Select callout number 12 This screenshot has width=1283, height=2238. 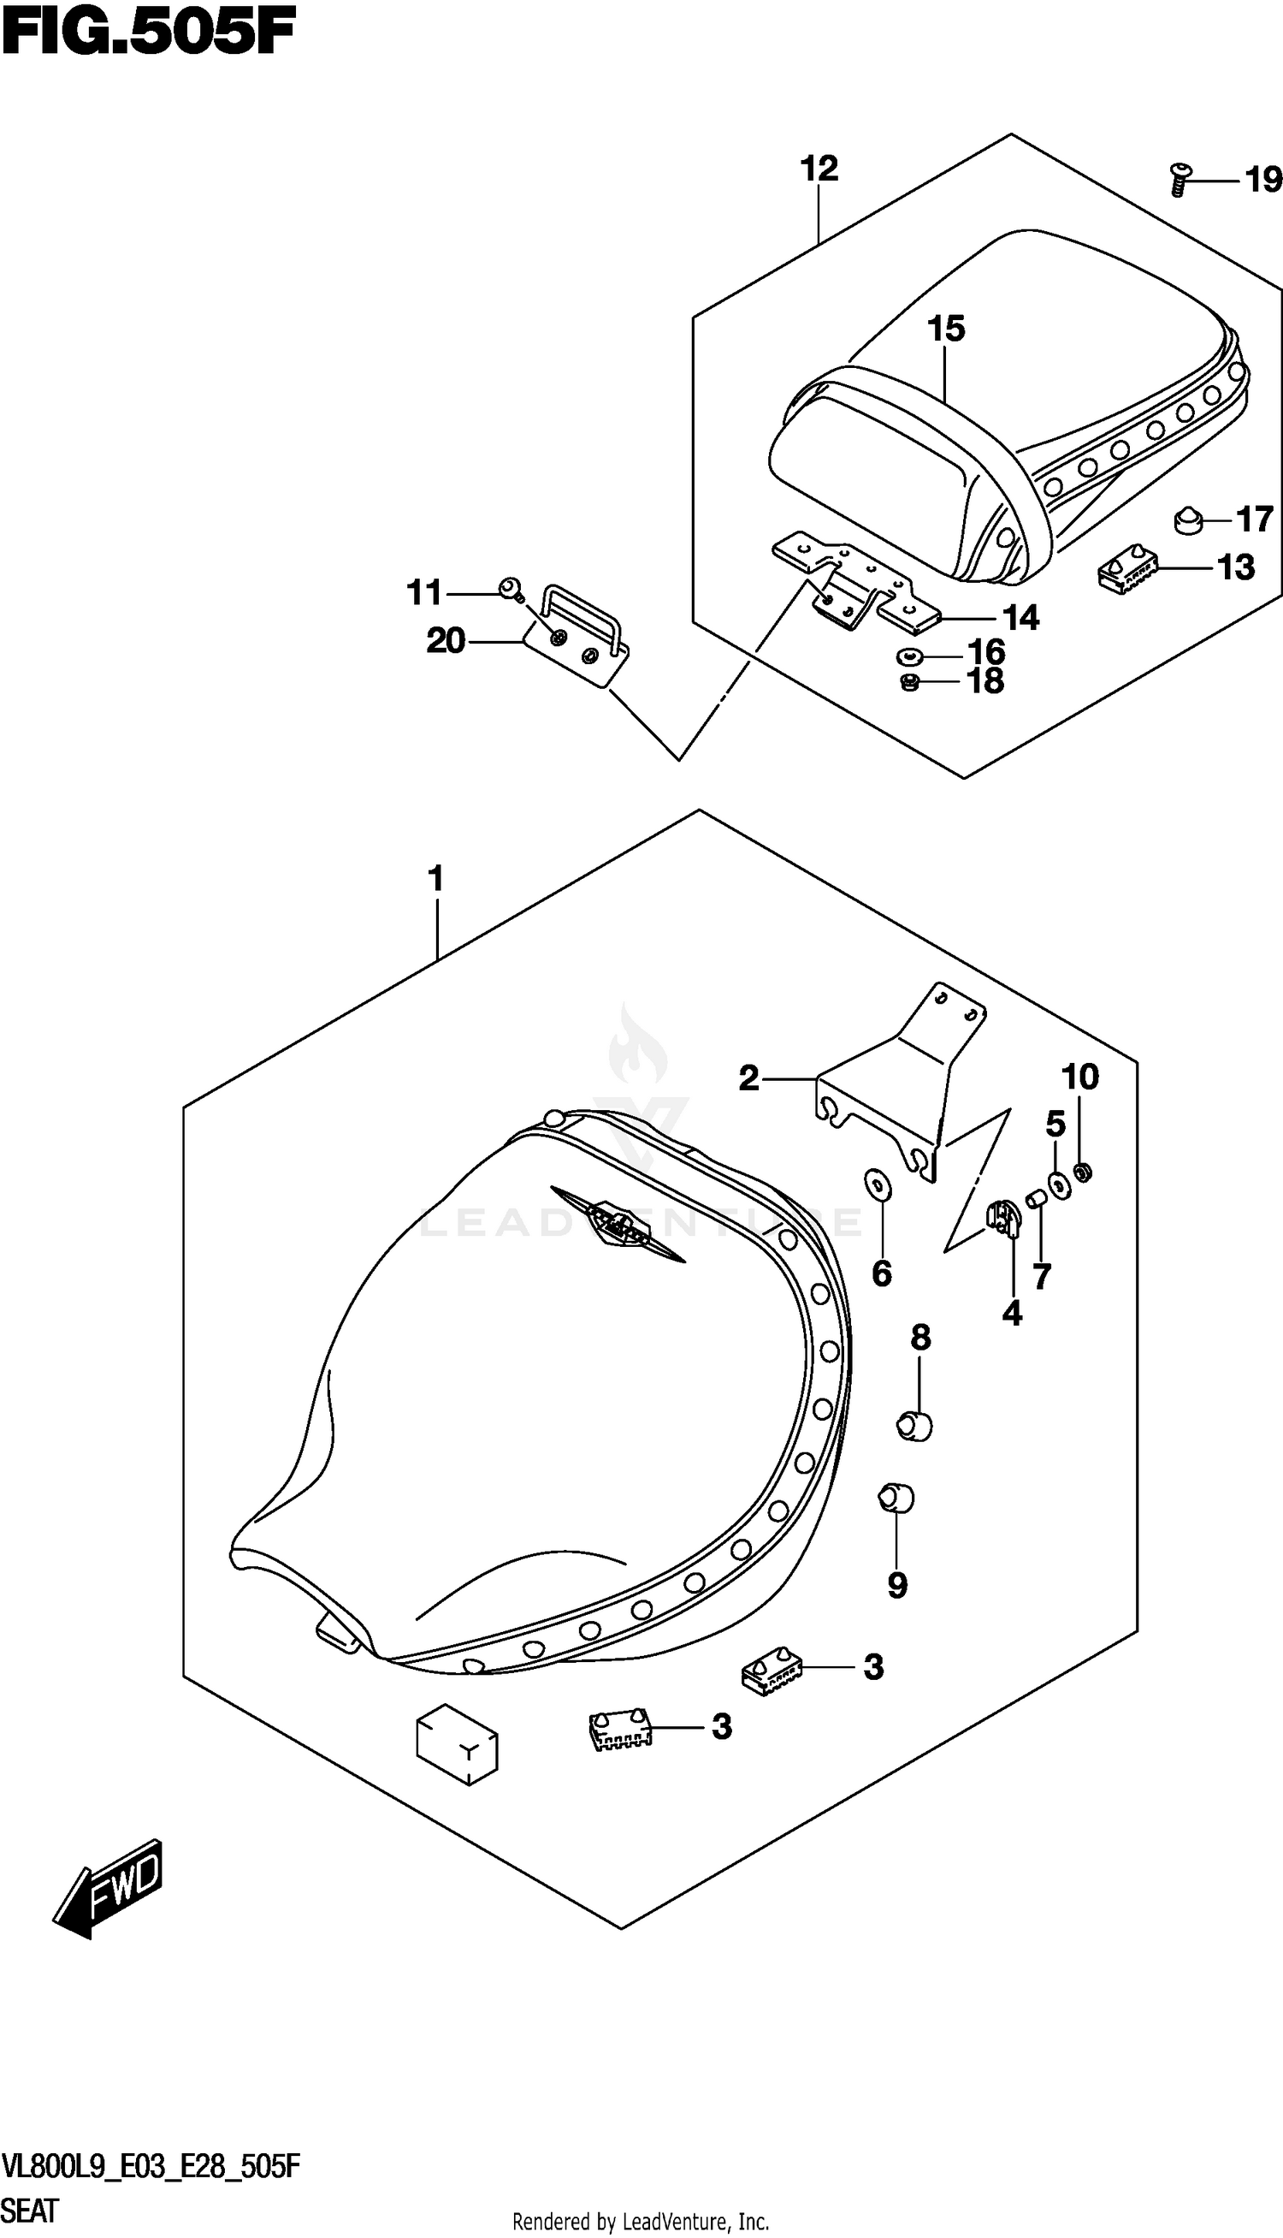[819, 169]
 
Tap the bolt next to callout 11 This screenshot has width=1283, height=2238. [509, 589]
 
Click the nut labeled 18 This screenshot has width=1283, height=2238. [910, 681]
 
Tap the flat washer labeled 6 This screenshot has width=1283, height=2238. [878, 1186]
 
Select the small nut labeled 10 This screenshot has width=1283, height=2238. [1085, 1172]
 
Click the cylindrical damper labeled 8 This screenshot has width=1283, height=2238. [913, 1425]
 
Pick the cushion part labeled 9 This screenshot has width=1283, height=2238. [896, 1498]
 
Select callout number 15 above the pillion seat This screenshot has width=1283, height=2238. [946, 329]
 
